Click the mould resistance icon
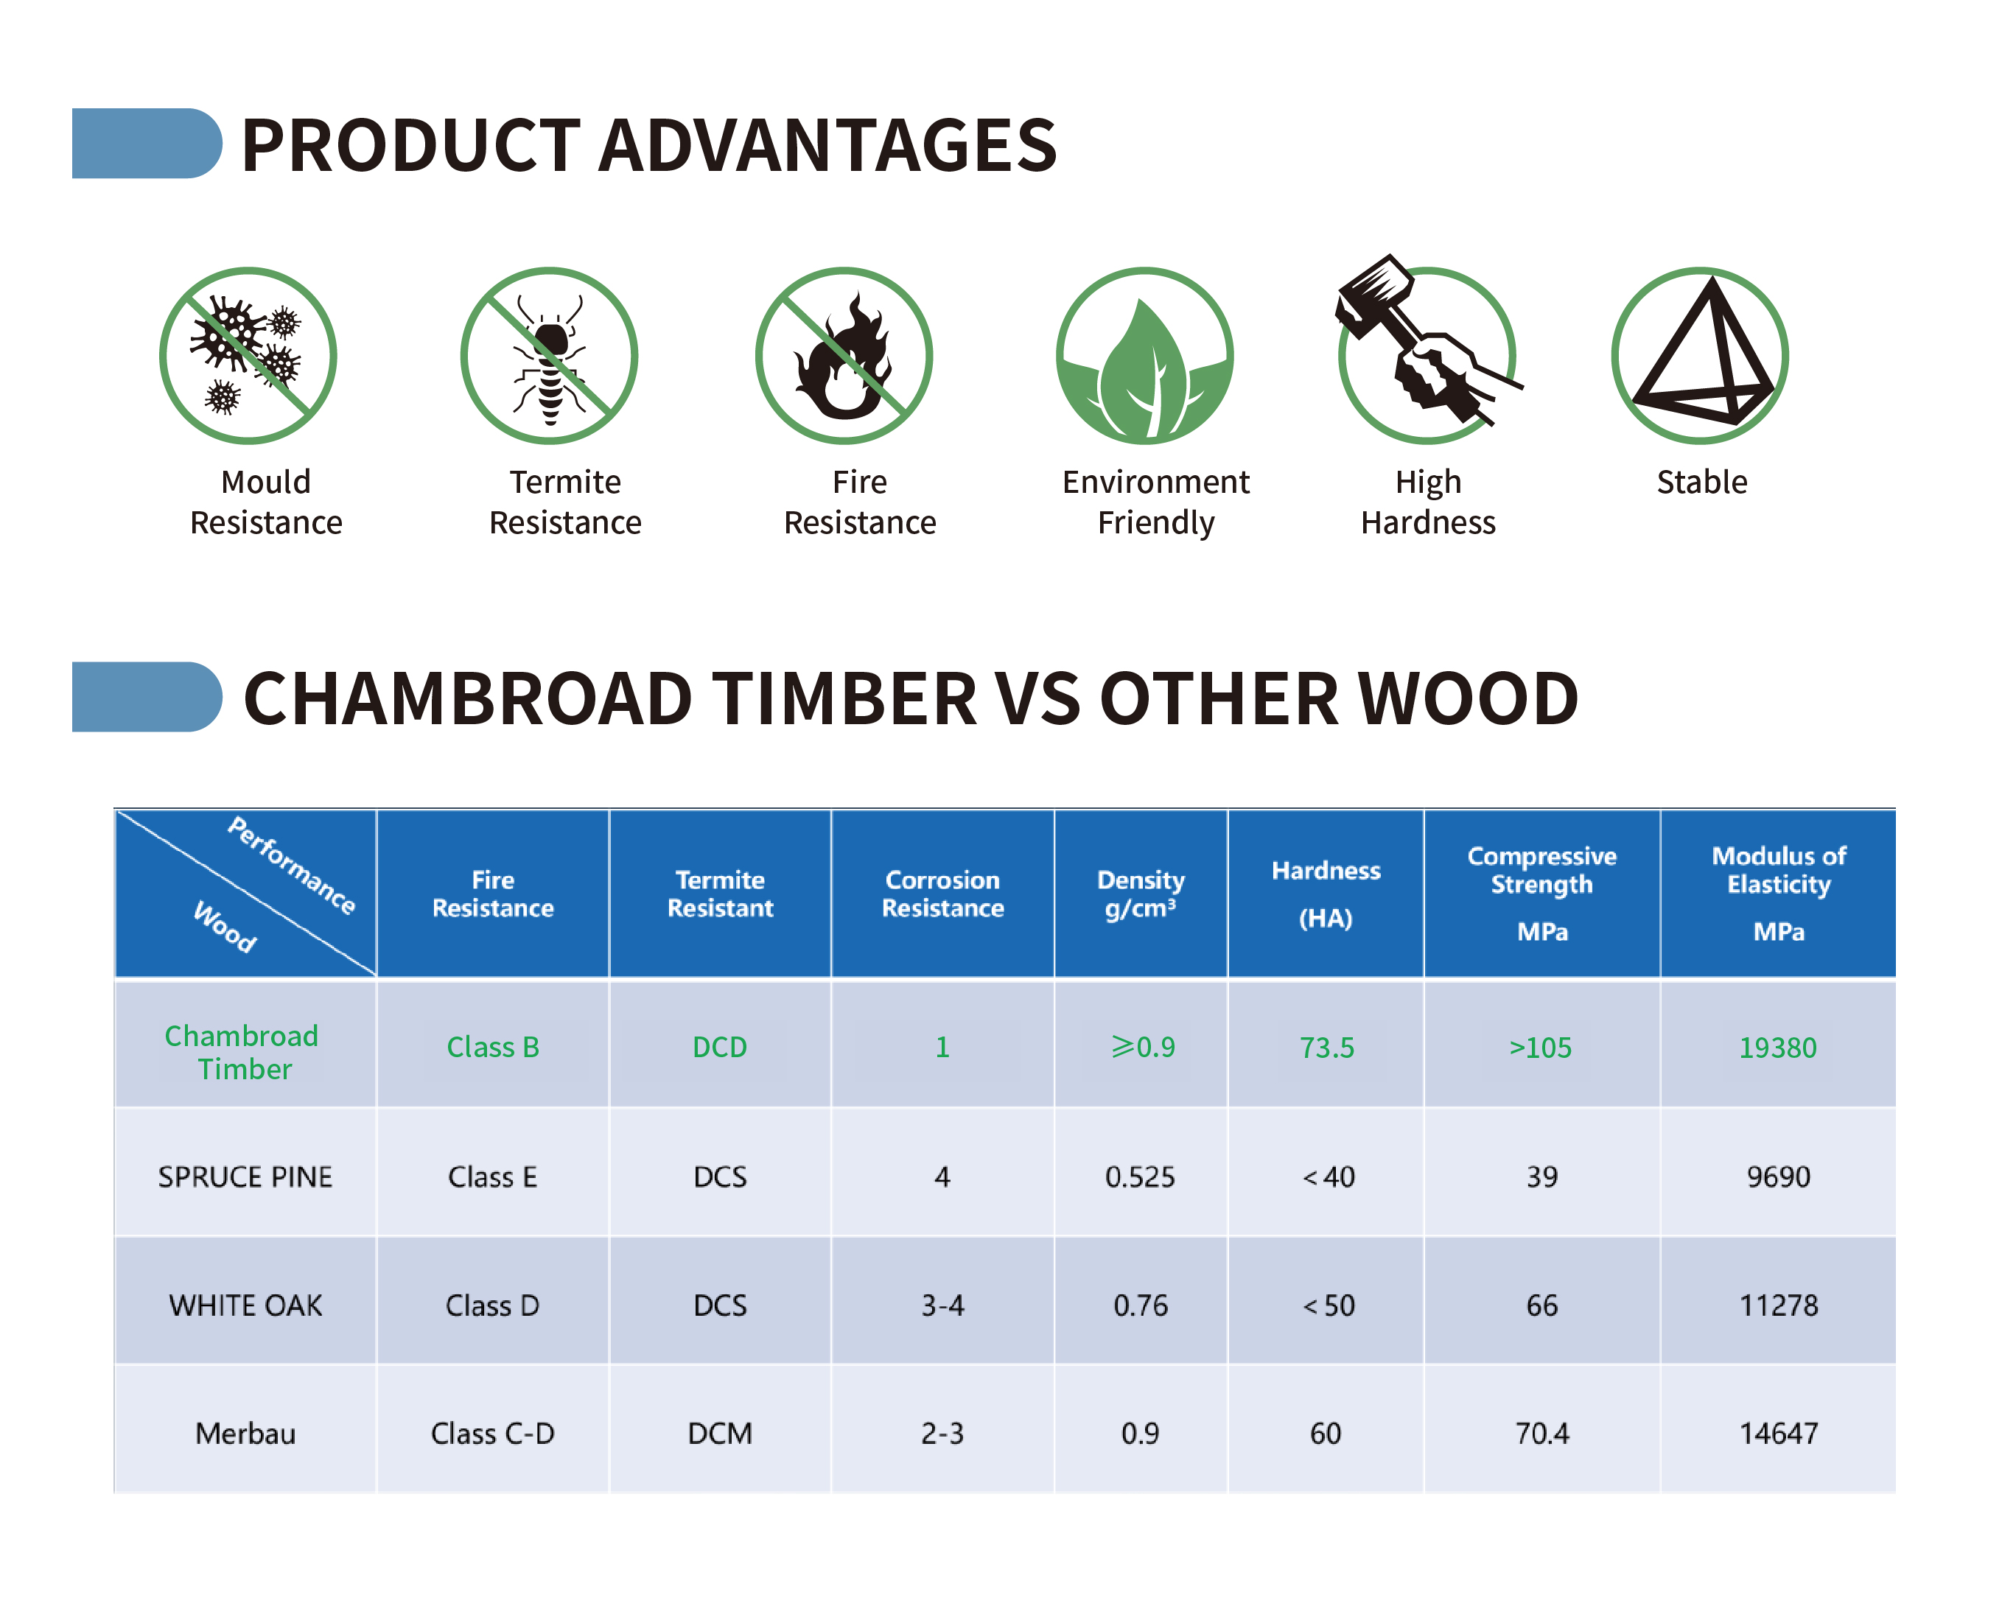click(x=248, y=356)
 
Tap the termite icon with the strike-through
click(x=549, y=356)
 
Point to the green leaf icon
click(x=1145, y=356)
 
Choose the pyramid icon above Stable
click(x=1700, y=356)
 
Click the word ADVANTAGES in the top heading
click(x=827, y=145)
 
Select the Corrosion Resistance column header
click(x=942, y=893)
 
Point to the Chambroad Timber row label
click(x=242, y=1052)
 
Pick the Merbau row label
click(x=245, y=1434)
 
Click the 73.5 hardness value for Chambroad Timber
click(x=1326, y=1047)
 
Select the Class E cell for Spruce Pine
click(x=492, y=1177)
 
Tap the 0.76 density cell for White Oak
click(x=1141, y=1305)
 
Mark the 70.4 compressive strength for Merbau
click(x=1541, y=1434)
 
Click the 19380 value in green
click(x=1777, y=1047)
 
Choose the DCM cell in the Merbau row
click(x=720, y=1434)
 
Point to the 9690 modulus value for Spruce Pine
click(x=1778, y=1177)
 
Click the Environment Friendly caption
click(x=1155, y=502)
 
